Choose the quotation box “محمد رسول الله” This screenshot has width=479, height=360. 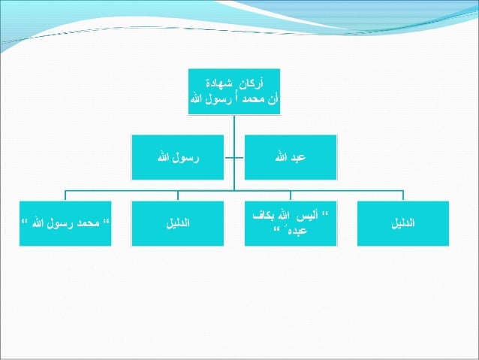point(65,223)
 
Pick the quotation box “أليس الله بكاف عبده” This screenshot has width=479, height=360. point(291,223)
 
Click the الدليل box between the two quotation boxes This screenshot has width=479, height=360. point(178,223)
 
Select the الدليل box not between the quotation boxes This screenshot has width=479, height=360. point(403,223)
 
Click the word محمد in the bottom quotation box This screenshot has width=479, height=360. point(91,223)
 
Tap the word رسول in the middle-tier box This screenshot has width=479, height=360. point(188,158)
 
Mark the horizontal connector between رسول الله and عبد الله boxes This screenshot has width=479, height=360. point(234,158)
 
